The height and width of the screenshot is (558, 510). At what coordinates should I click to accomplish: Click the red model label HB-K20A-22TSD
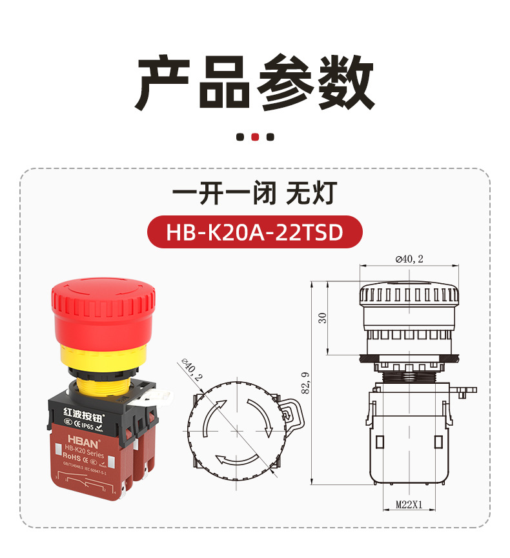tap(254, 232)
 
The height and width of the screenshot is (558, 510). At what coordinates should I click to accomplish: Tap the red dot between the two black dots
tap(255, 137)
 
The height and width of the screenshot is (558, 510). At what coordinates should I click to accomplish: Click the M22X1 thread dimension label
tap(409, 506)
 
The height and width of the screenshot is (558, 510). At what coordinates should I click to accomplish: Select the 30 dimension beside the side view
tap(323, 317)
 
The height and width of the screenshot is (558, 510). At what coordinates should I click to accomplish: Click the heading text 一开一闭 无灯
tap(254, 193)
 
